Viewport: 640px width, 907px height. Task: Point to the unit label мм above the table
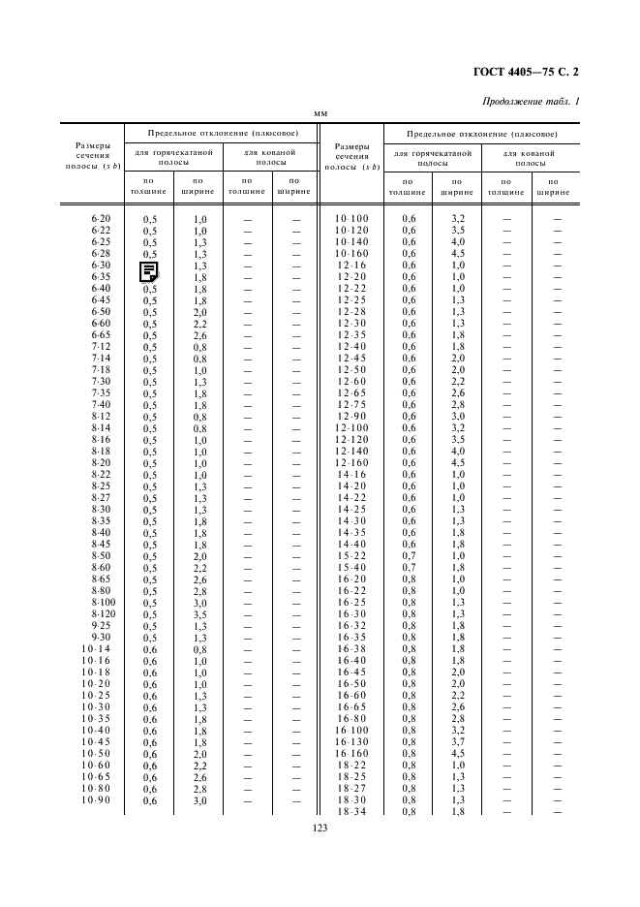coord(320,114)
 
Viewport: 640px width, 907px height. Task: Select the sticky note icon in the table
coord(150,272)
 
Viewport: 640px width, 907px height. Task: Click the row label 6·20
coord(102,219)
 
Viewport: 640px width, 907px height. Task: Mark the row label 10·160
coord(352,254)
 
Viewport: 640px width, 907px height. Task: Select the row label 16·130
coord(352,741)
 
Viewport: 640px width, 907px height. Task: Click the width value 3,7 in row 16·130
coord(458,741)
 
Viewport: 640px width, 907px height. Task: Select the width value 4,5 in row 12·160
coord(458,462)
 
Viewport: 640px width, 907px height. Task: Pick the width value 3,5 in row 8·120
coord(200,614)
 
